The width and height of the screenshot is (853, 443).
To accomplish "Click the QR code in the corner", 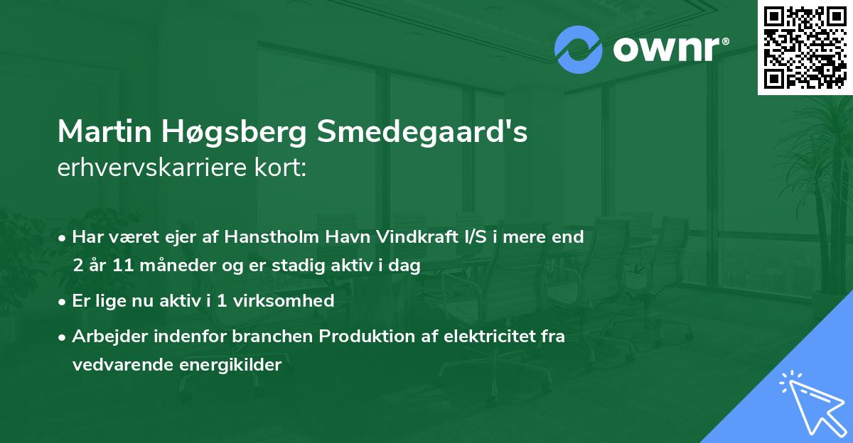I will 805,47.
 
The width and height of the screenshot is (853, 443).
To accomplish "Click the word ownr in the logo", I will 669,50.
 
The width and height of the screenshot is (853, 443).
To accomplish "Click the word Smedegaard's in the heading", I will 422,133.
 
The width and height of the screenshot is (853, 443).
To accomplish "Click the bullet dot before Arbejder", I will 63,337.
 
